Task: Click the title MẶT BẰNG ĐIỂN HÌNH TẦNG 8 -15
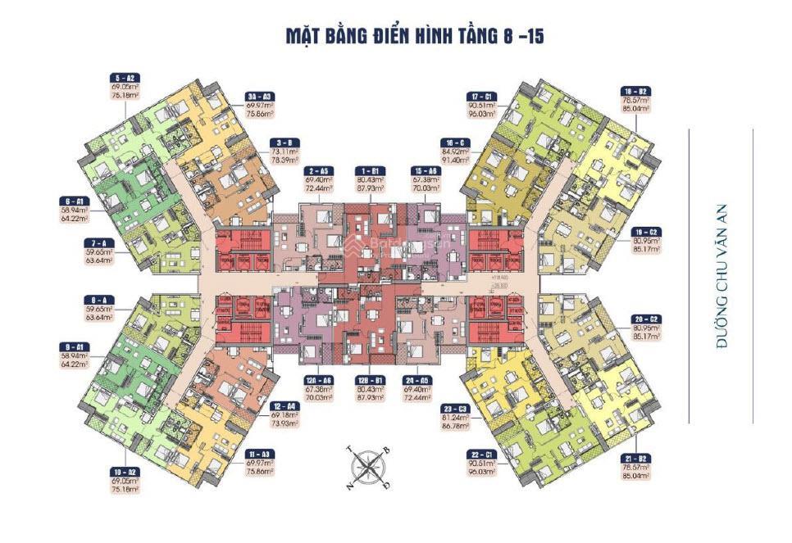pos(415,36)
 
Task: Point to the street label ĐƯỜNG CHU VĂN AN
pos(722,277)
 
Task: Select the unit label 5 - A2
pos(126,77)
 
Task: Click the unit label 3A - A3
pos(261,96)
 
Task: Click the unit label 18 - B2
pos(636,91)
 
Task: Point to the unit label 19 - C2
pos(640,231)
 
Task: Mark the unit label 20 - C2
pos(640,318)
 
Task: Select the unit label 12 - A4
pos(285,407)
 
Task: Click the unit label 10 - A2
pos(126,473)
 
